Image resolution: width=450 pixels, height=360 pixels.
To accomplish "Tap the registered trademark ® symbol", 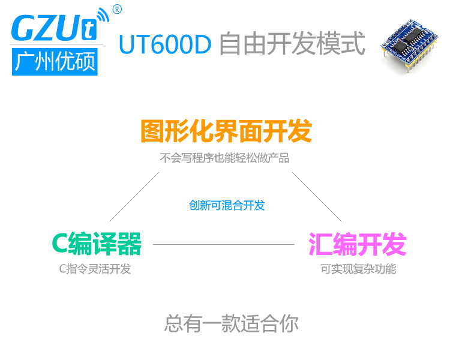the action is (117, 9).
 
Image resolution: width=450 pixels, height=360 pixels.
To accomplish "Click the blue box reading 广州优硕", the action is (55, 61).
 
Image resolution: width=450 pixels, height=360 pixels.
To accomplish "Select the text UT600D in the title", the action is (164, 44).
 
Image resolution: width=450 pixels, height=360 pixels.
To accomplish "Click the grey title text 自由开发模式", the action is (292, 44).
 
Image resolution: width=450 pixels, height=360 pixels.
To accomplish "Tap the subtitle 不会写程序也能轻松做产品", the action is (224, 158).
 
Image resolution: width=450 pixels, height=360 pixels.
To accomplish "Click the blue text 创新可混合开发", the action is (227, 205).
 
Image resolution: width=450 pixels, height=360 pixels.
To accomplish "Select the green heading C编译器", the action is (97, 244).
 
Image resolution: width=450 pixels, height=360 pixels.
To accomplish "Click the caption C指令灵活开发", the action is (95, 269).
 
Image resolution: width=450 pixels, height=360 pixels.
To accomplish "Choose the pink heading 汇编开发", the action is (358, 244).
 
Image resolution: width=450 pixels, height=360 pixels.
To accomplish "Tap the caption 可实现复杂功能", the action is (358, 269).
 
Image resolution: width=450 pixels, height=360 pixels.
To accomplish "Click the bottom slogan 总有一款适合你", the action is (231, 324).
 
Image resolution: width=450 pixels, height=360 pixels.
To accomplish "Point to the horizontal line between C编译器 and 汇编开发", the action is (224, 244).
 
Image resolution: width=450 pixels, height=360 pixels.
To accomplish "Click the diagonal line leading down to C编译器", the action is (134, 197).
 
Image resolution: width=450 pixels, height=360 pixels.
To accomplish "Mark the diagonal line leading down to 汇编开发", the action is (317, 197).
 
